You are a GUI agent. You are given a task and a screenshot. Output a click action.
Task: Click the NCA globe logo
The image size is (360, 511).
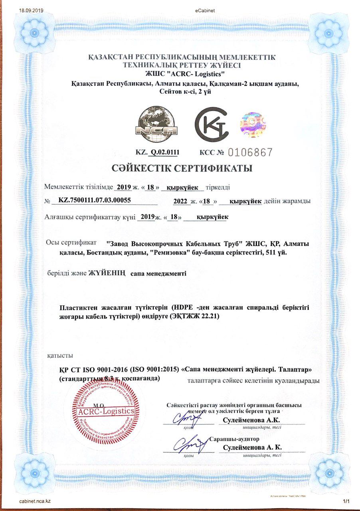click(156, 124)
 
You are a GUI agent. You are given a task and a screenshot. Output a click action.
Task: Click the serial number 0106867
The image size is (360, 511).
click(250, 152)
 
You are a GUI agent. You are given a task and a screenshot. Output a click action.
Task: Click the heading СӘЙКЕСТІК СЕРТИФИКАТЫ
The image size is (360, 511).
click(180, 168)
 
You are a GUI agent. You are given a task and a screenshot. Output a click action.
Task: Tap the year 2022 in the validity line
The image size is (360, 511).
click(180, 201)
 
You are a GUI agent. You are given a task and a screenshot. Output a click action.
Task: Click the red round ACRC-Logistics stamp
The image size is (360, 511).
click(107, 411)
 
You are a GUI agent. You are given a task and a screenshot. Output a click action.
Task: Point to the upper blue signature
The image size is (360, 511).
click(187, 419)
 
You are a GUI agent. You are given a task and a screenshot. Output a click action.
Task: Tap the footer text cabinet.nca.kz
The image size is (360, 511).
click(35, 501)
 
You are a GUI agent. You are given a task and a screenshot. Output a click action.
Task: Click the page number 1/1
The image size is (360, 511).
click(346, 501)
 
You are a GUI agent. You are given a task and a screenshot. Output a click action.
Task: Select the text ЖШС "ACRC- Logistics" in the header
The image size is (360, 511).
click(180, 73)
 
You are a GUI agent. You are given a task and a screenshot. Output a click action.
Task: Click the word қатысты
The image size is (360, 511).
click(60, 355)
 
